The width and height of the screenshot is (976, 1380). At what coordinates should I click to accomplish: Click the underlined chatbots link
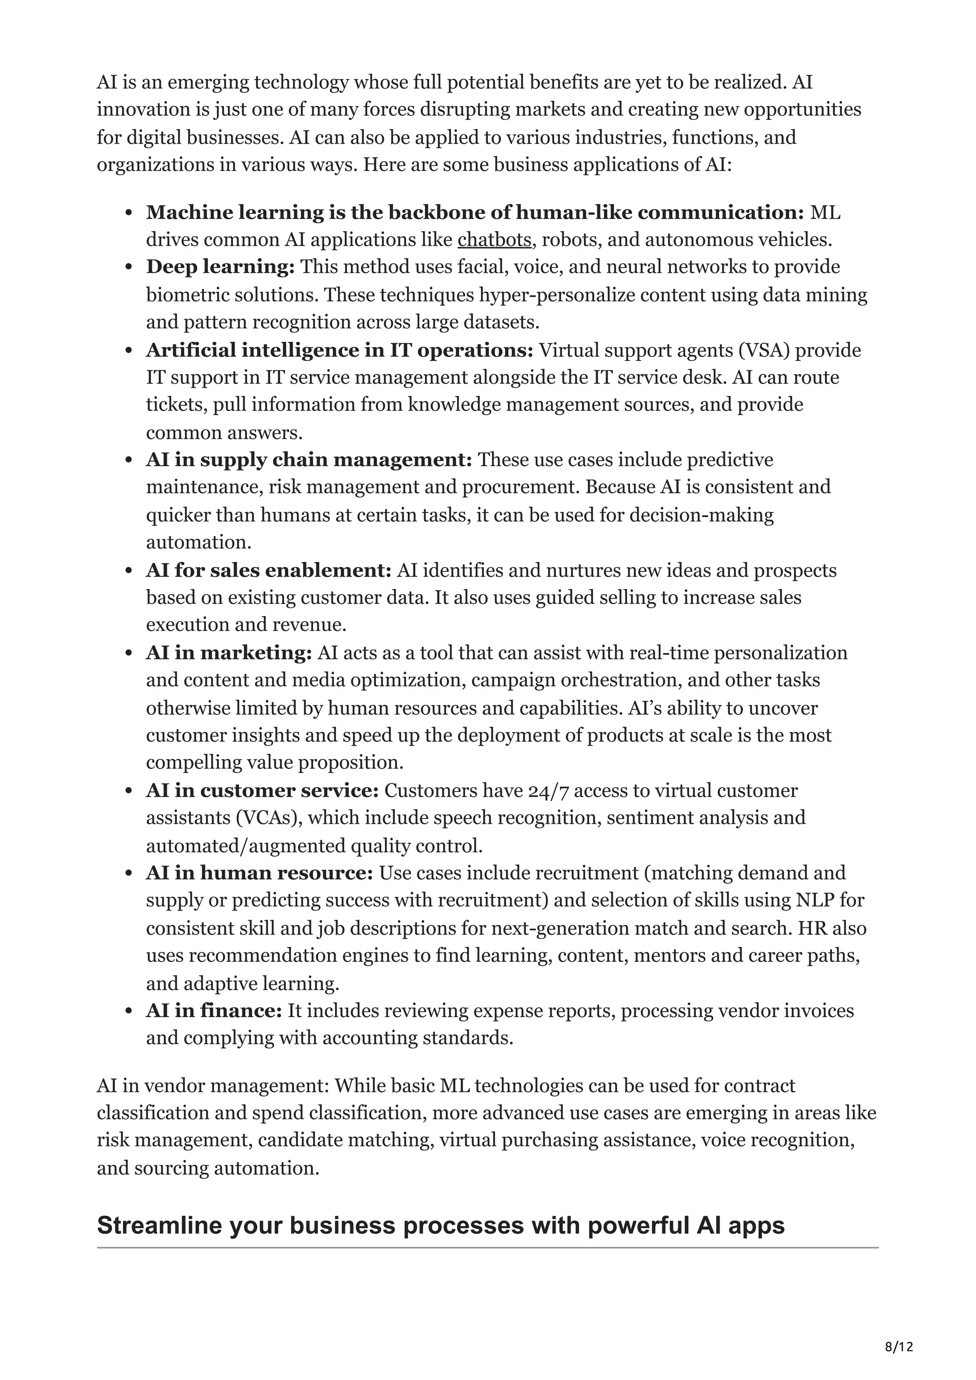494,240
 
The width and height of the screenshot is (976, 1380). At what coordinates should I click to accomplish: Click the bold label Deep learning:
220,267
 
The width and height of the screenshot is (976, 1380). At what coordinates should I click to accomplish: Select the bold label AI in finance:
213,1010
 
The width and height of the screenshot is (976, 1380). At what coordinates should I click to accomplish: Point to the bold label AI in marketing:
229,653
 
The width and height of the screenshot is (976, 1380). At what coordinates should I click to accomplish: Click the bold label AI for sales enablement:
268,570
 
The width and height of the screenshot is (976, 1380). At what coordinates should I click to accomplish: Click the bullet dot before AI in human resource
129,874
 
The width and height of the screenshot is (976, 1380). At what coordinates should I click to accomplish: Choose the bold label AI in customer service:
262,790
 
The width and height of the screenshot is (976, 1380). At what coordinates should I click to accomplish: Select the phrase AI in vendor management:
213,1086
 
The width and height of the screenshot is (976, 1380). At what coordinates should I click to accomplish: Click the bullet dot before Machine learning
129,213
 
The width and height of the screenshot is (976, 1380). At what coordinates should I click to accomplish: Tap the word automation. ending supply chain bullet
198,542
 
